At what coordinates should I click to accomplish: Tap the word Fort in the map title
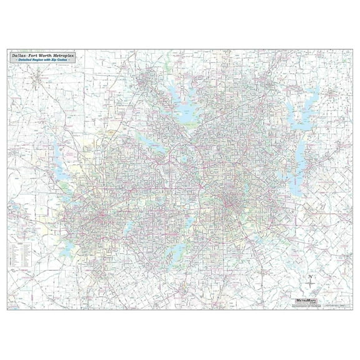[35, 55]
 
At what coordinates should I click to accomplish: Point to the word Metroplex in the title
[66, 55]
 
